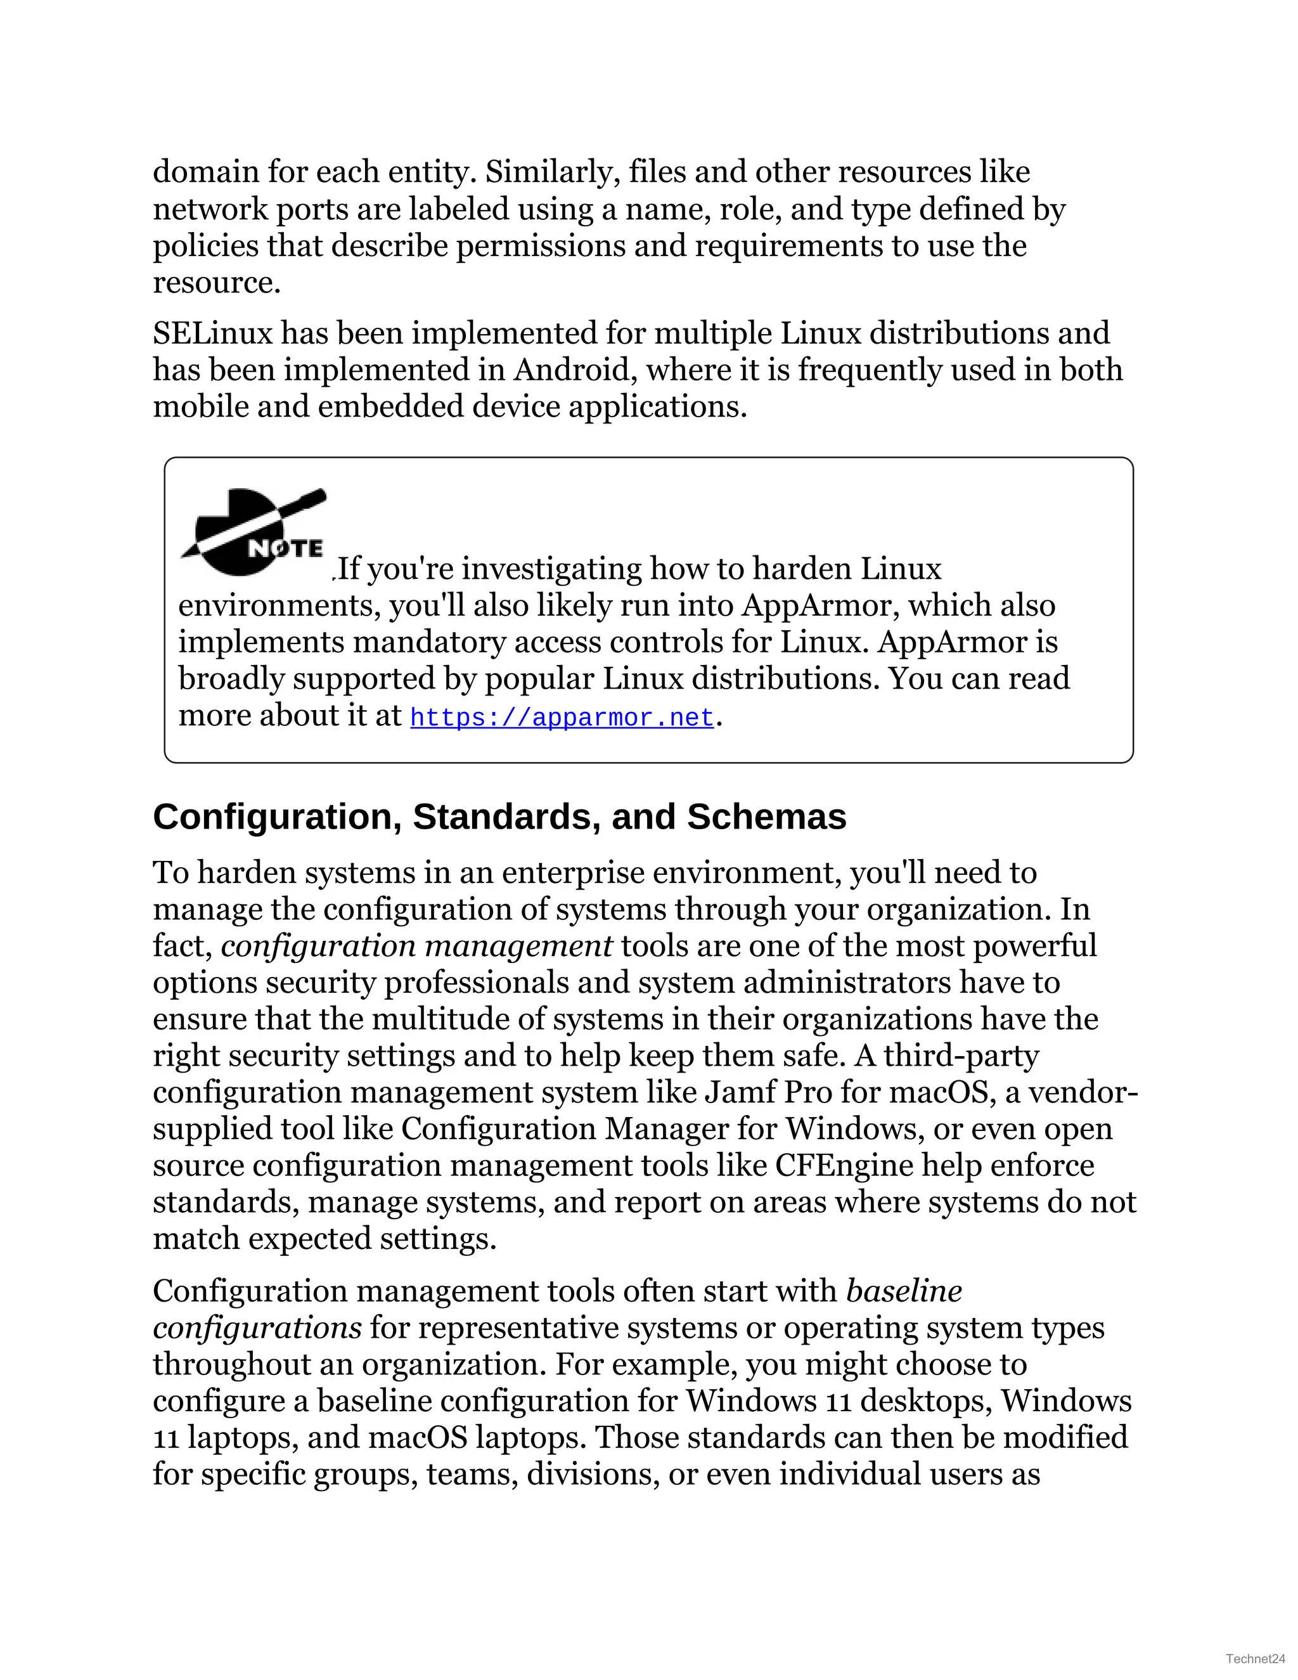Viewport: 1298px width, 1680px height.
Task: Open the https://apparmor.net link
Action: [x=562, y=718]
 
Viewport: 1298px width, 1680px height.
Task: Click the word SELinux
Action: [x=213, y=333]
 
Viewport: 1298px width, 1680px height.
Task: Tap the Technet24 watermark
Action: [x=1255, y=1658]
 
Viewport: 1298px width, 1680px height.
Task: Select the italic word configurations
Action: [x=257, y=1328]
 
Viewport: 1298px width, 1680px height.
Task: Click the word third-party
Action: [x=961, y=1056]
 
